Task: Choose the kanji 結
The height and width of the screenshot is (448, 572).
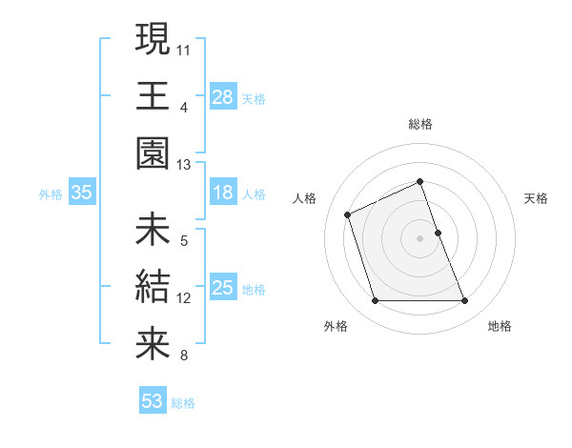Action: tap(153, 286)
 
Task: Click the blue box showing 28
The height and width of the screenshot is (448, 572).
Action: tap(223, 97)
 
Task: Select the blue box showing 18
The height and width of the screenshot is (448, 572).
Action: tap(223, 193)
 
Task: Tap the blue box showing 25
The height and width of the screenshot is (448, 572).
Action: tap(223, 288)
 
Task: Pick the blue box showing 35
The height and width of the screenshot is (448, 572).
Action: tap(82, 193)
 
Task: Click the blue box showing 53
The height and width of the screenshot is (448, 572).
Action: tap(153, 400)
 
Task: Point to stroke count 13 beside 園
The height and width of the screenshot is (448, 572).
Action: tap(184, 165)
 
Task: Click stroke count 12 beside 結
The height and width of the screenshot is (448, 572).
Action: tap(184, 298)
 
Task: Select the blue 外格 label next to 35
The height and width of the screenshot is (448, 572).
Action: tap(51, 194)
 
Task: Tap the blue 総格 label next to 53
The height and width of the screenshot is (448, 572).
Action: tap(183, 403)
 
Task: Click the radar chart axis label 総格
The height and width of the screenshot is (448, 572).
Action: tap(420, 124)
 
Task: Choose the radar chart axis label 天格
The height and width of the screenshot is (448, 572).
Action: tap(536, 198)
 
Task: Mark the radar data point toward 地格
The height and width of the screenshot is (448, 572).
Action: tap(465, 301)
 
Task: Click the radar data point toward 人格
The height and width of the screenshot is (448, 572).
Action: tap(348, 214)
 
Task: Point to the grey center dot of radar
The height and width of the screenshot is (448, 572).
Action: tap(420, 237)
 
